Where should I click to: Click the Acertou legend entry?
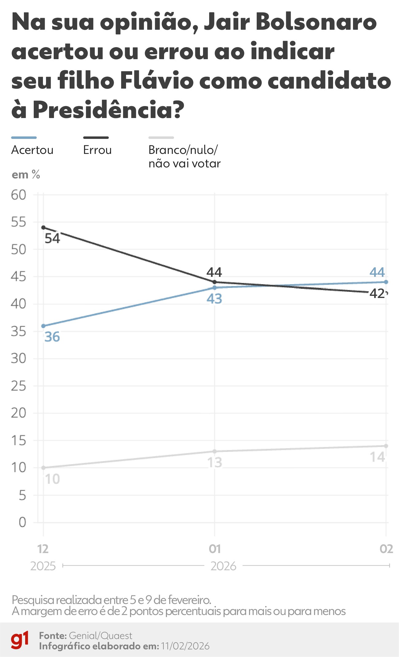coord(32,150)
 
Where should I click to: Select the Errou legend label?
coord(97,150)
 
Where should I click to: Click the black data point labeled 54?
coord(43,227)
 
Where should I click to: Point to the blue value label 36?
coord(52,337)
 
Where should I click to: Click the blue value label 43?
coord(214,299)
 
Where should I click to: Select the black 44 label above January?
coord(214,272)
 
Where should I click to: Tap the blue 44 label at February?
coord(377,272)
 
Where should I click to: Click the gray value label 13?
coord(214,463)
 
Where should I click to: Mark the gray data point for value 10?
coord(43,468)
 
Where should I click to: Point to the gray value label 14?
coord(377,457)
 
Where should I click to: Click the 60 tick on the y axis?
coord(18,195)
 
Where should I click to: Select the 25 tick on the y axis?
coord(18,386)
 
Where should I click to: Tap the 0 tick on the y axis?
coord(22,522)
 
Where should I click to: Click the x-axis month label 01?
coord(214,549)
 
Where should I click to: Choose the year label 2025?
coord(43,566)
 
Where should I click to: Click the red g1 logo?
coord(20,640)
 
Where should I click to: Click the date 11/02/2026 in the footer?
coord(185,646)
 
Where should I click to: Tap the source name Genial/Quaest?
coord(101,636)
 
